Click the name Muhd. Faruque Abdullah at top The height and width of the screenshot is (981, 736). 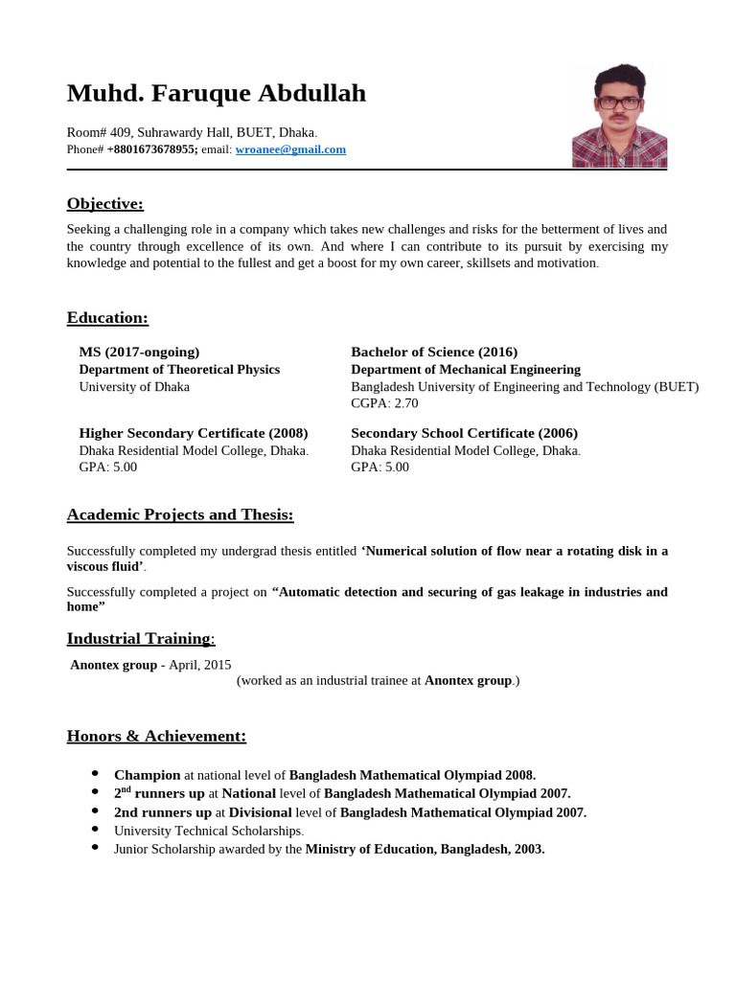[x=217, y=94]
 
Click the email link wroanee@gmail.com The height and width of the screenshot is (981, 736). [x=290, y=149]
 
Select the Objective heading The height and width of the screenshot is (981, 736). [x=104, y=203]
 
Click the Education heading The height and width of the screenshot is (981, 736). [x=107, y=318]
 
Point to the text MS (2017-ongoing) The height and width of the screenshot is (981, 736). [x=139, y=352]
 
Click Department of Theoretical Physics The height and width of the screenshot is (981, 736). [x=179, y=369]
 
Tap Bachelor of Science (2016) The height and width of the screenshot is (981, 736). [x=434, y=352]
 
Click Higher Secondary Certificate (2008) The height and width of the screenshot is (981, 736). [x=194, y=433]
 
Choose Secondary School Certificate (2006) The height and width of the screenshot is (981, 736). [x=464, y=433]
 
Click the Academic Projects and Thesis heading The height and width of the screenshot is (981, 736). [x=180, y=515]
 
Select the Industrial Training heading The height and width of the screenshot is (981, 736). [x=140, y=639]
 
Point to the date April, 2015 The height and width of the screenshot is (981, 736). [x=200, y=665]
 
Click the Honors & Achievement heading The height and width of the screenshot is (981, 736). [x=156, y=736]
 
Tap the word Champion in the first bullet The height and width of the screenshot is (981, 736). [x=147, y=775]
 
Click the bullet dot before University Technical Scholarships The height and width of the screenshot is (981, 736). [x=95, y=829]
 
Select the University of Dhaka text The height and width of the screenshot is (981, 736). [x=134, y=386]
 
